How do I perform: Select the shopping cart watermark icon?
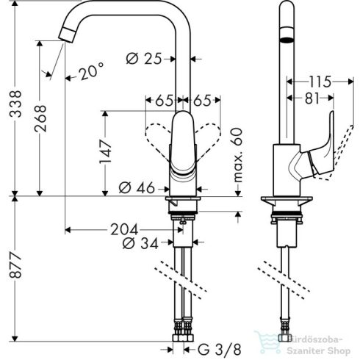tap(267, 340)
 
